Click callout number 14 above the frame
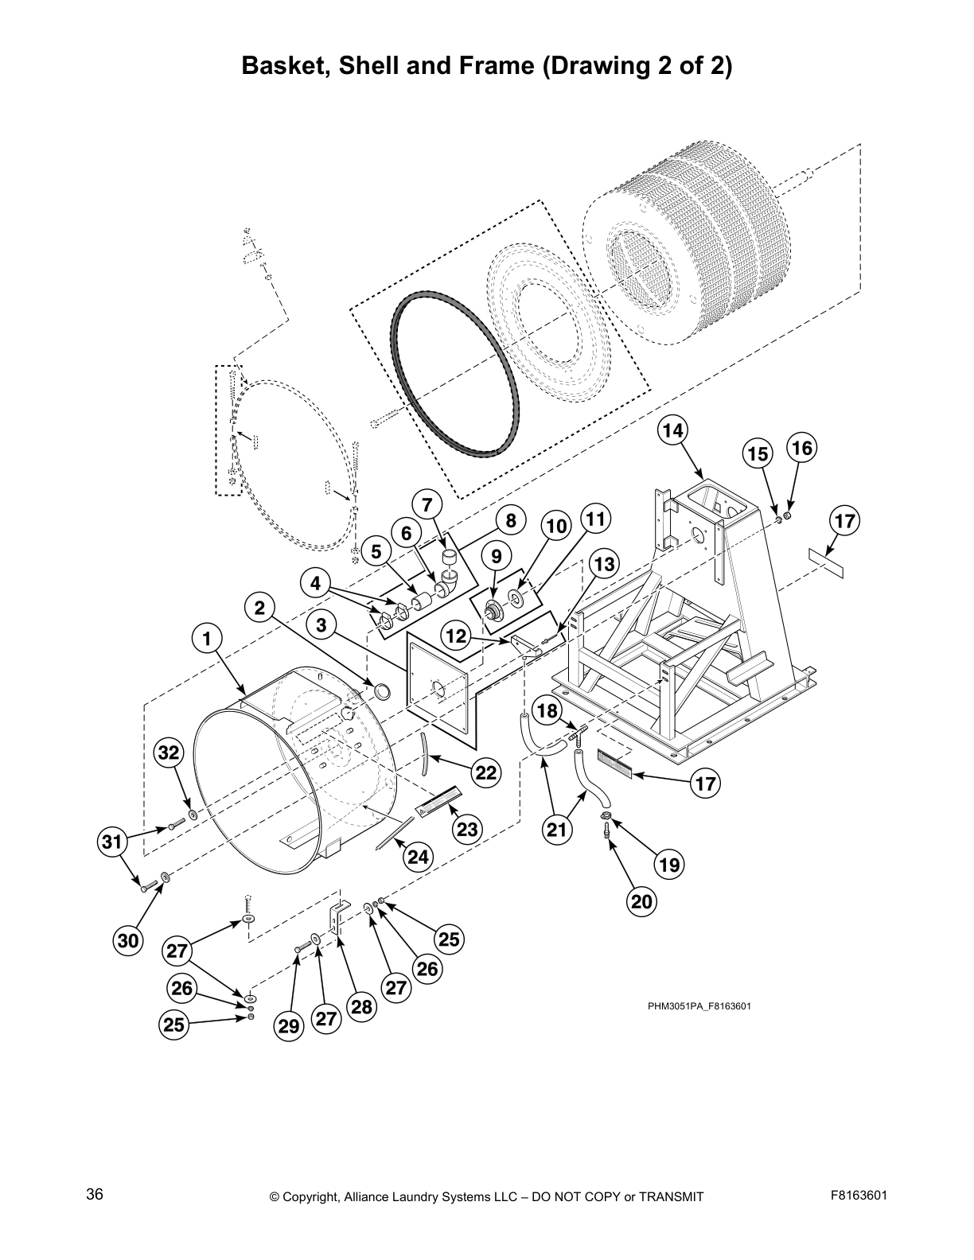tap(672, 430)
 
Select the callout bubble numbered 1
tap(206, 638)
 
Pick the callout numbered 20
tap(641, 901)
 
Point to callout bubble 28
tap(361, 1006)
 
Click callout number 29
tap(289, 1026)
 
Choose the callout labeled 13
tap(604, 565)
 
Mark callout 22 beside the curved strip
tap(486, 772)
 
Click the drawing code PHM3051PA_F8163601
tap(699, 1005)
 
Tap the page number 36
tap(95, 1195)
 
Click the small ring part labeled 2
tap(383, 690)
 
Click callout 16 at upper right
tap(801, 448)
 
